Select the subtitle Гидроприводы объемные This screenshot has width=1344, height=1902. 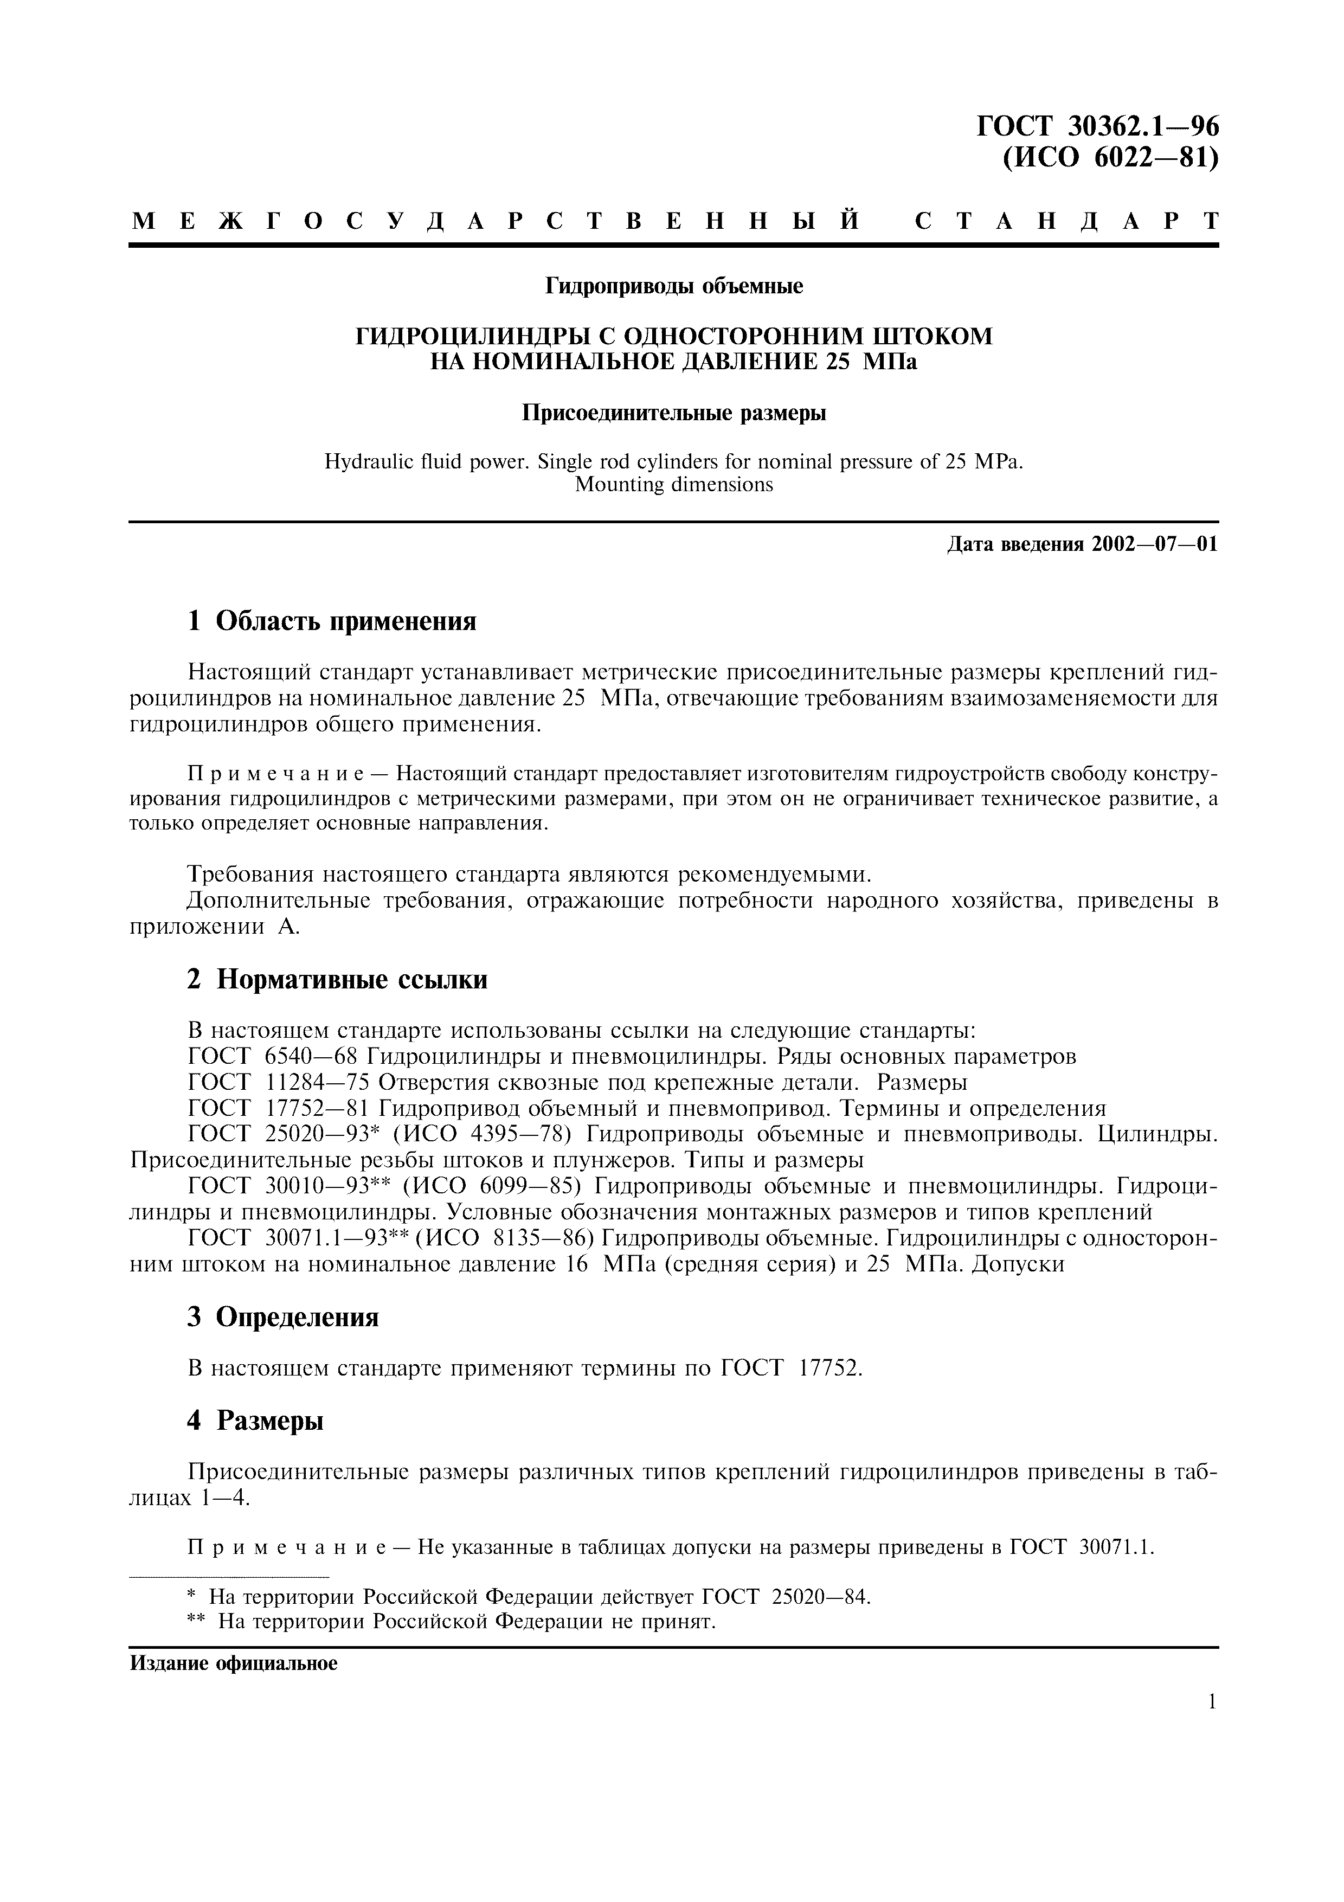(x=673, y=287)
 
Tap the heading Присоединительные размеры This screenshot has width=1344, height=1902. (x=673, y=413)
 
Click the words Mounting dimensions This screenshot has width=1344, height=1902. (x=673, y=485)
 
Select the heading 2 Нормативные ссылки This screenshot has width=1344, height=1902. (x=337, y=979)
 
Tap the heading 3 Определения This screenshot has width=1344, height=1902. (x=283, y=1317)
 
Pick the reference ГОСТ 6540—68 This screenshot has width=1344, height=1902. (x=274, y=1057)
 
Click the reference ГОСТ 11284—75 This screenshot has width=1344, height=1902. (x=280, y=1083)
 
